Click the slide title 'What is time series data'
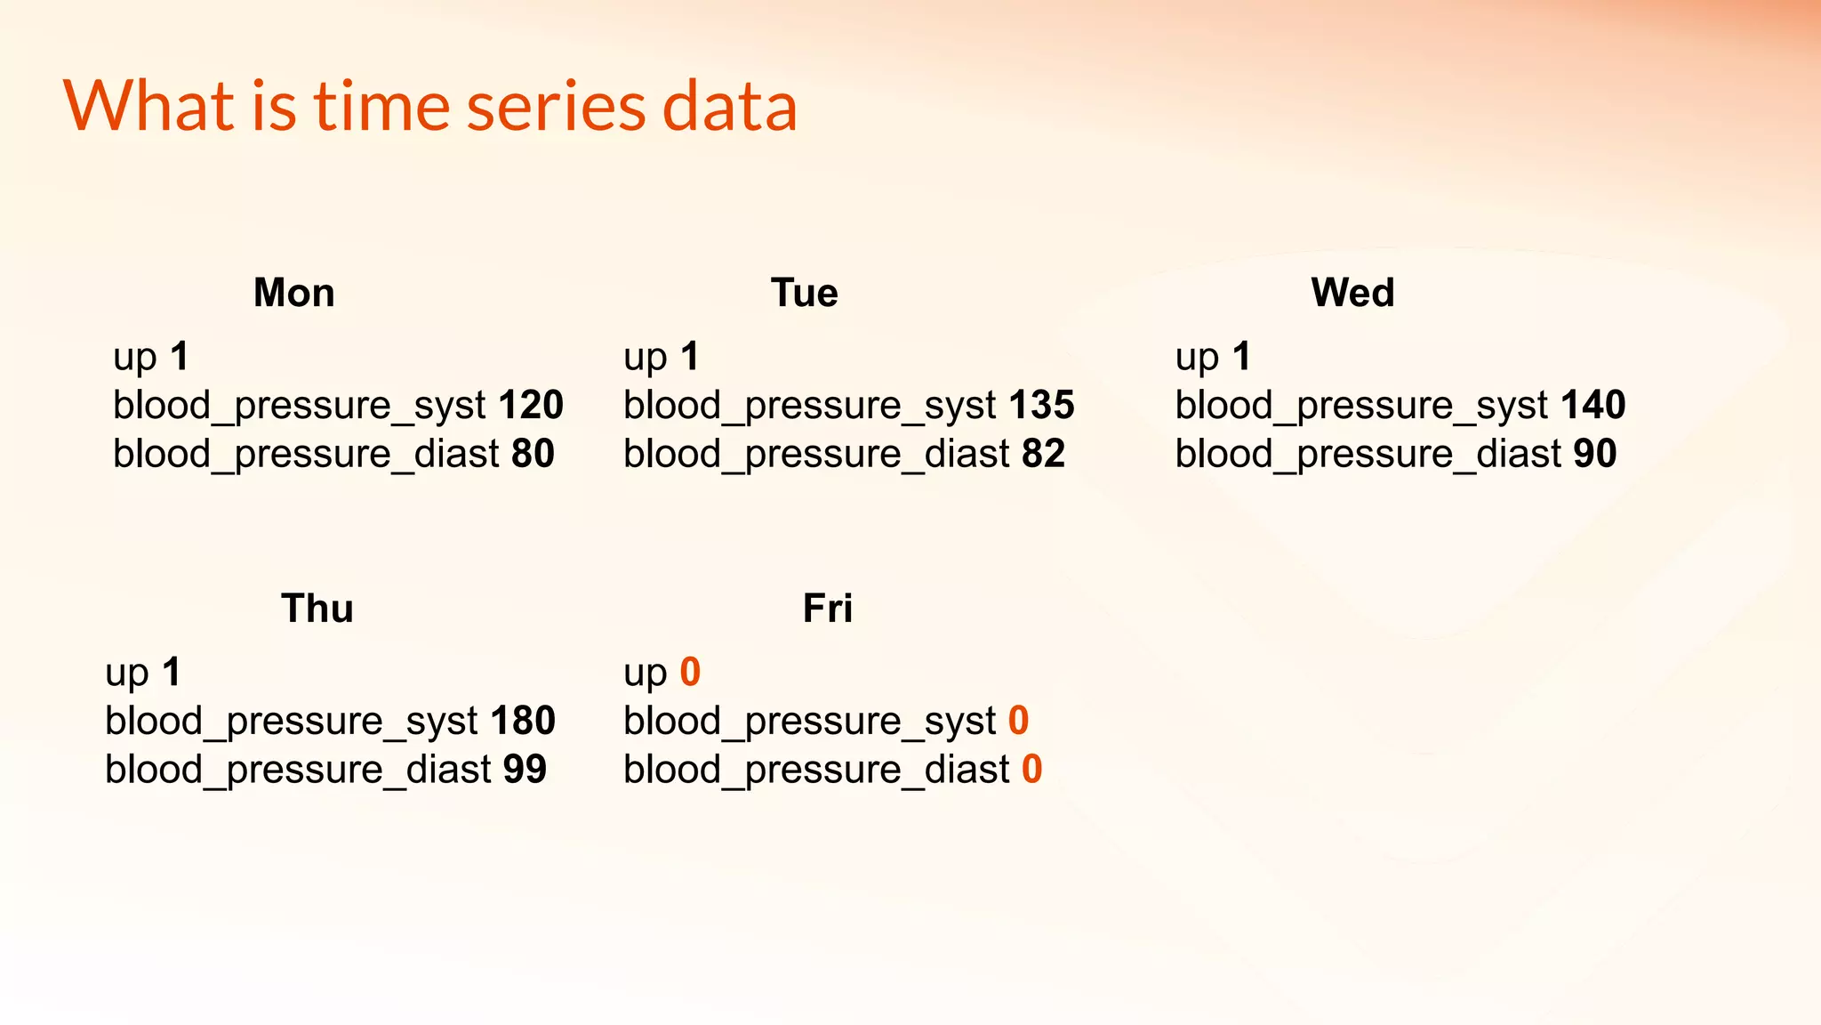click(430, 106)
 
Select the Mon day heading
click(294, 293)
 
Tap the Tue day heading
click(804, 293)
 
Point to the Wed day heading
click(1352, 293)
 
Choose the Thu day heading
click(317, 609)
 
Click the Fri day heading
click(827, 609)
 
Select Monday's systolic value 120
click(531, 406)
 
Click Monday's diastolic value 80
click(533, 455)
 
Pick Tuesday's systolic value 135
click(1041, 406)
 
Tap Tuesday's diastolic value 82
click(1043, 455)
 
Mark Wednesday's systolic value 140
click(1593, 406)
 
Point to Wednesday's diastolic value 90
click(1594, 455)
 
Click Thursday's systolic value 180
click(523, 721)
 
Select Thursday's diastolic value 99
click(525, 770)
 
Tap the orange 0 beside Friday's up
click(690, 673)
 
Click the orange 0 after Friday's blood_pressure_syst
click(1018, 721)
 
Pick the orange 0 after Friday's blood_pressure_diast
click(1031, 770)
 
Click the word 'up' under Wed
click(1196, 359)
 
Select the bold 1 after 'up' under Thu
click(172, 673)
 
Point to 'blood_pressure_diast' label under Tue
click(816, 455)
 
